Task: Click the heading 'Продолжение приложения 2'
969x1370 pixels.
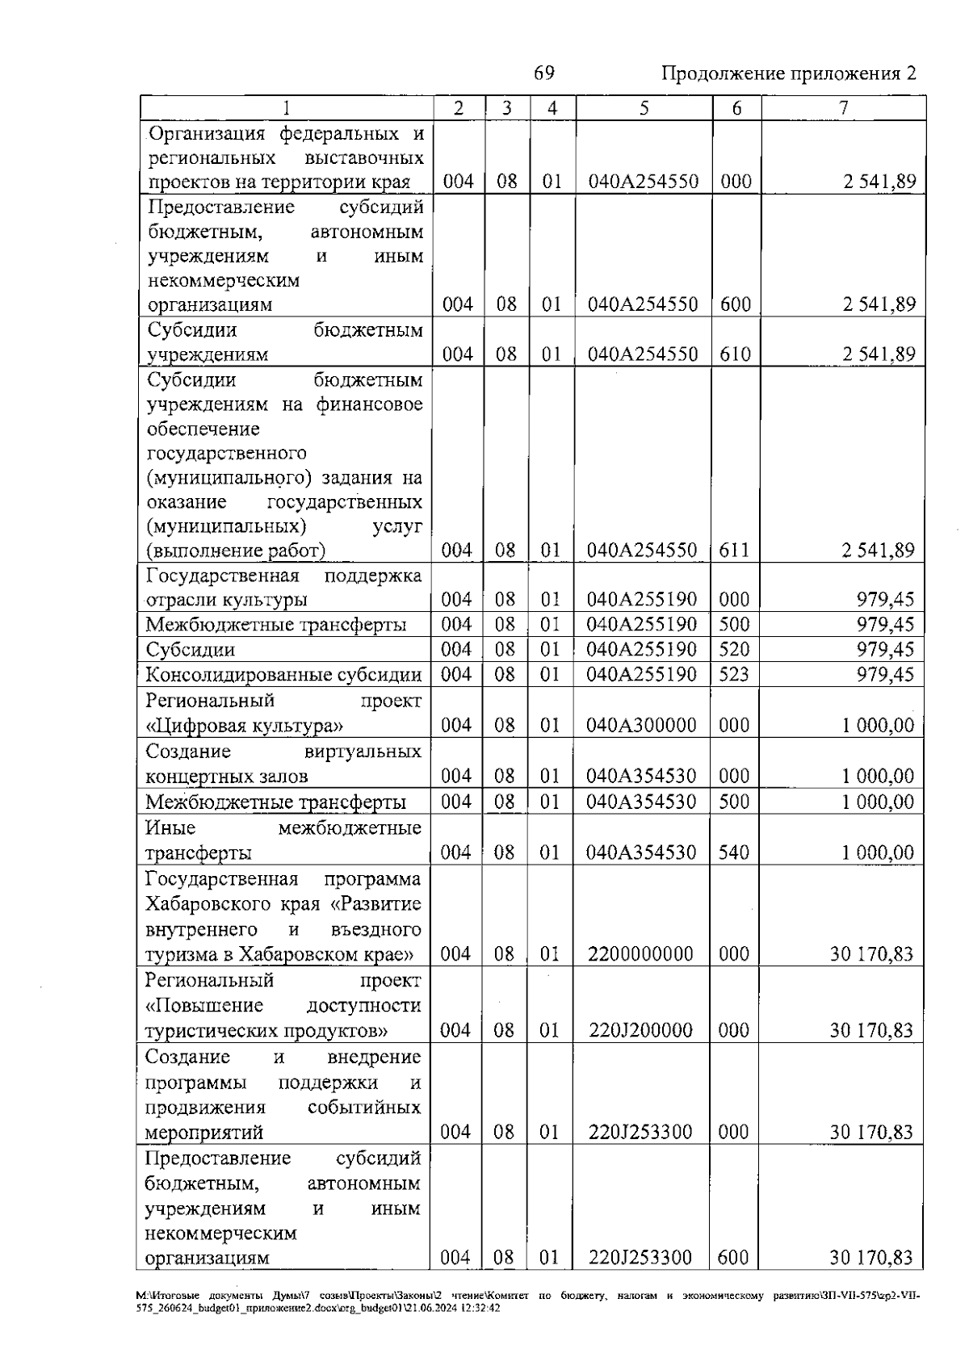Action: pos(789,73)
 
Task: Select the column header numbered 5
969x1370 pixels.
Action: pos(644,108)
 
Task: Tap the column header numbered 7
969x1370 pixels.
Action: pos(843,108)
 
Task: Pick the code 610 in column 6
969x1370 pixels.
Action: pos(735,354)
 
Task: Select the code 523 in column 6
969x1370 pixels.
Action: pos(734,674)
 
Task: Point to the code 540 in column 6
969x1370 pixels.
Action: pos(734,853)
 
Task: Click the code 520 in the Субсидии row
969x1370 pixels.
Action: pos(734,649)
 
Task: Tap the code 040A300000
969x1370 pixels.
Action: pos(642,725)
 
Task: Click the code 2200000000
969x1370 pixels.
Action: pos(640,954)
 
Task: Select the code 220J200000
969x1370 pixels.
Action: pos(640,1030)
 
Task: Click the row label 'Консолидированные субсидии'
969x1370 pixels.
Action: pos(283,675)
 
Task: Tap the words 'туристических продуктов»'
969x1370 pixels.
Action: pos(266,1031)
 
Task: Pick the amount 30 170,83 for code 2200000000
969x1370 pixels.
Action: pos(871,954)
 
